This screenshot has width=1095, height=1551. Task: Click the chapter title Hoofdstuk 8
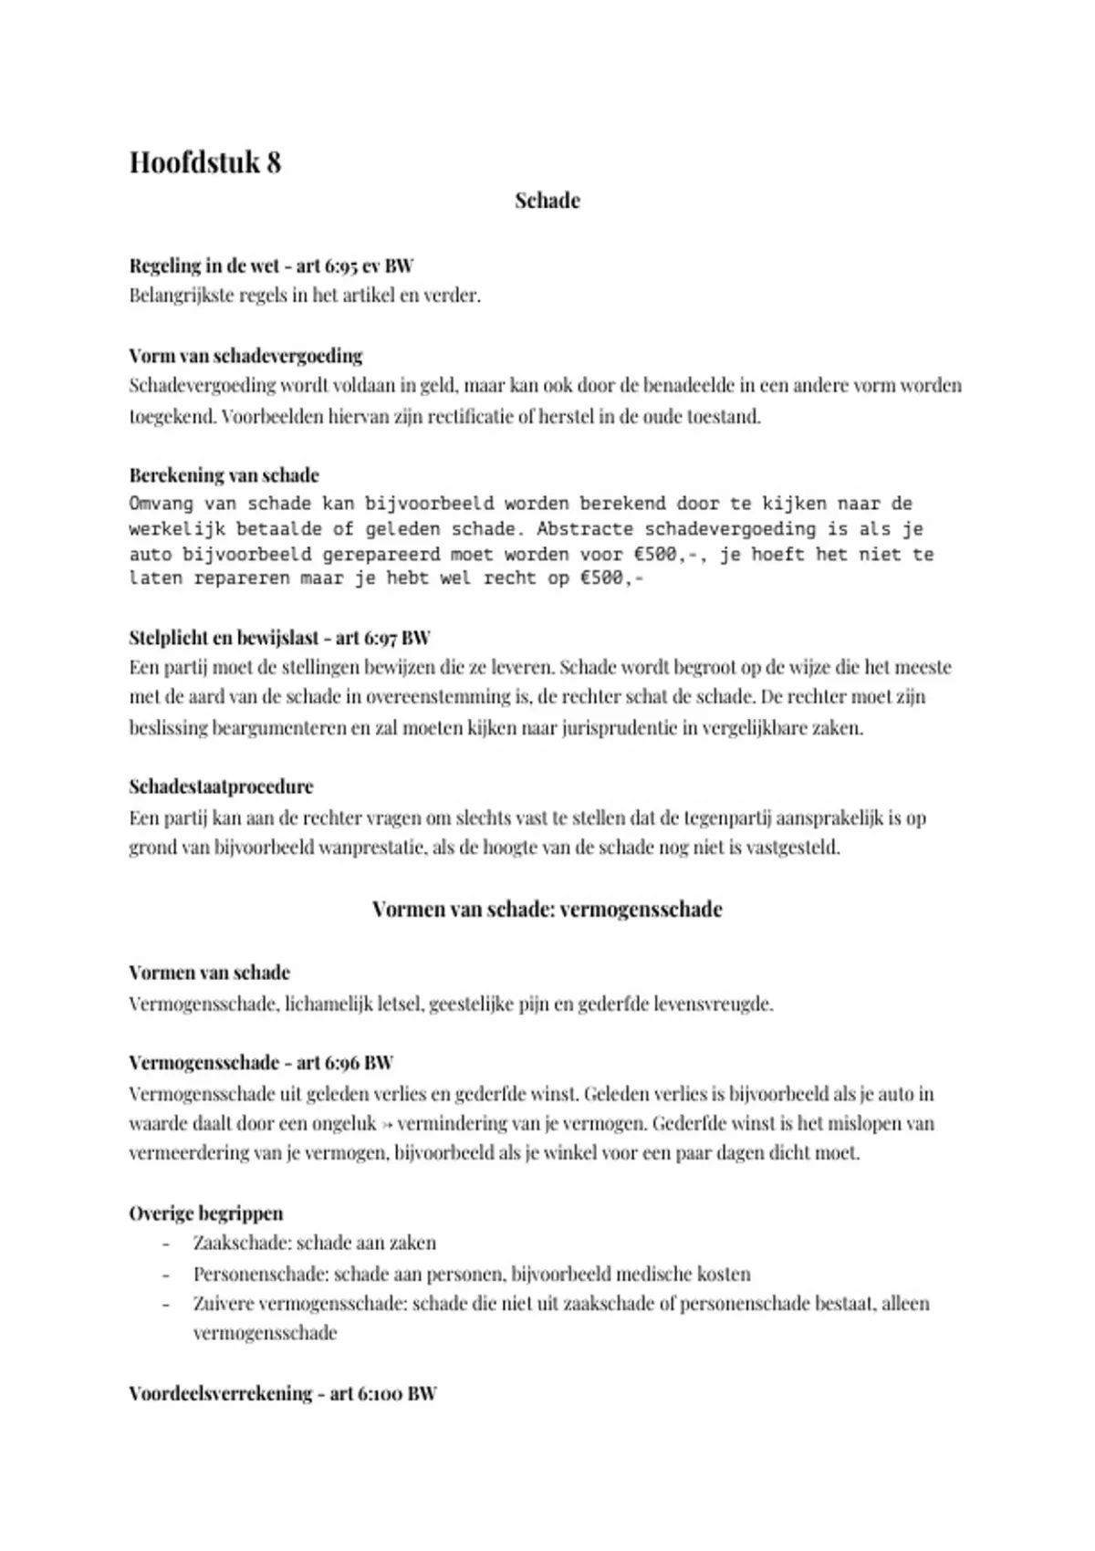pos(205,162)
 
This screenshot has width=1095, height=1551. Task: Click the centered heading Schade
pos(547,201)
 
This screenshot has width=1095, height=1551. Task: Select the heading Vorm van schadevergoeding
pos(245,356)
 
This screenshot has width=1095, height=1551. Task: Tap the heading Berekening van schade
pos(224,475)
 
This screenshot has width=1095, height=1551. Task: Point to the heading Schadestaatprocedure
pos(221,786)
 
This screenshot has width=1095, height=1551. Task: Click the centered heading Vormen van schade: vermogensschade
pos(547,910)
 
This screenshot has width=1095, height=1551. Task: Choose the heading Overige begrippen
pos(206,1213)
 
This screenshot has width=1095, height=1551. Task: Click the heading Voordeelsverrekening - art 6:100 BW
pos(283,1394)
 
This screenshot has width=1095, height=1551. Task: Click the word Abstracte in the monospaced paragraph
pos(585,529)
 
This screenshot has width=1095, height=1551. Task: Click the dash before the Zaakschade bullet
pos(166,1244)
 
